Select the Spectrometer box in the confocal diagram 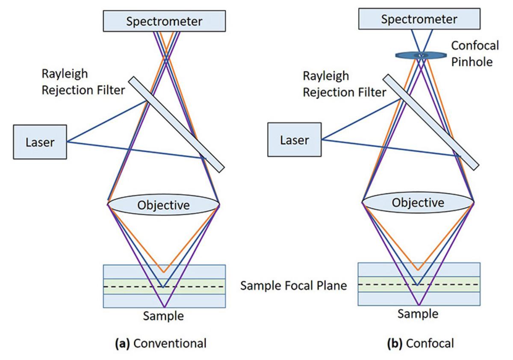point(419,19)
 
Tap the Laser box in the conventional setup point(40,142)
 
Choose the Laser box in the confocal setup point(295,139)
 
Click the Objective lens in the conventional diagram point(163,205)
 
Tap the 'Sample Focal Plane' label point(294,286)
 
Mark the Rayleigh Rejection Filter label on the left point(83,82)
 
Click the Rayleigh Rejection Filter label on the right point(345,84)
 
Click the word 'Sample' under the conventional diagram point(163,316)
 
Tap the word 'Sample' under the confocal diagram point(418,314)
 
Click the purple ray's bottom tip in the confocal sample point(418,305)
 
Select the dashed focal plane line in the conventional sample point(128,287)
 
